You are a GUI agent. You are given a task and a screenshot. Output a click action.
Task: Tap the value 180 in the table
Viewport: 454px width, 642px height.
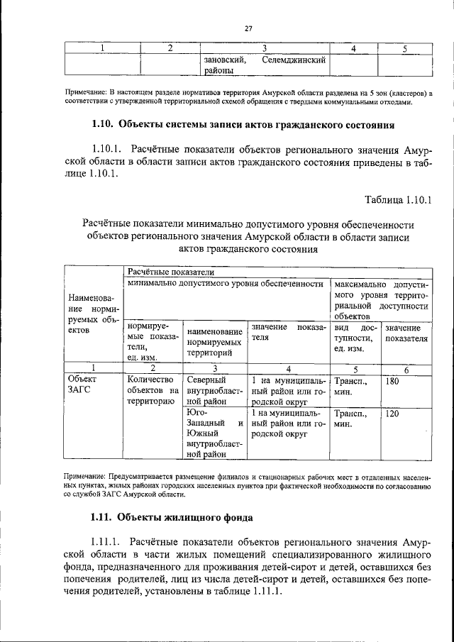(x=392, y=381)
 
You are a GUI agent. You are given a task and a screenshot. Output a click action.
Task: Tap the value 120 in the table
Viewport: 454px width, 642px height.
(x=392, y=412)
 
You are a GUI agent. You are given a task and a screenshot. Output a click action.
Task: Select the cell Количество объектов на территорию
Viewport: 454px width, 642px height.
(x=151, y=390)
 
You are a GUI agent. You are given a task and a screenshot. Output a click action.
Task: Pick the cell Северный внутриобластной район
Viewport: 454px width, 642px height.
(x=215, y=390)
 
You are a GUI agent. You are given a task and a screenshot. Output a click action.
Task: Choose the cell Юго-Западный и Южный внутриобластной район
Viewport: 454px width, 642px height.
(x=215, y=433)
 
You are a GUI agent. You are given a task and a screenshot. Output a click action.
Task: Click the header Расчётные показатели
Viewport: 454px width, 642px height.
(x=165, y=272)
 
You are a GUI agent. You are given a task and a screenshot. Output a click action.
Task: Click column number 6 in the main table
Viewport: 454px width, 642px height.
(x=406, y=369)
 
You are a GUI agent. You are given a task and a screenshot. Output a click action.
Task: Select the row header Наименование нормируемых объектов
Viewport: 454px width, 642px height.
(x=94, y=314)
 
